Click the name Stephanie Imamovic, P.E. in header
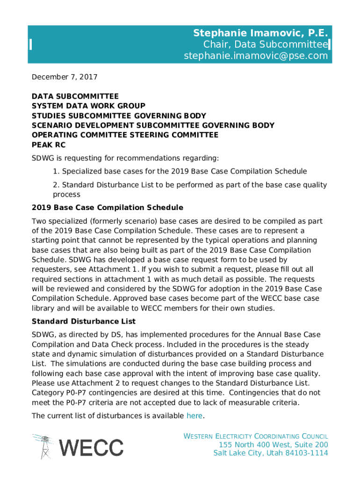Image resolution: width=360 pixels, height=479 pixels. tap(260, 33)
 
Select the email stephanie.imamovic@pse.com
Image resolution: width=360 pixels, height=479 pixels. tap(255, 56)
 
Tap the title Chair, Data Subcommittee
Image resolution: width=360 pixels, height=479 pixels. tap(265, 44)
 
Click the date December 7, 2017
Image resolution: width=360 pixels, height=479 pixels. tap(64, 77)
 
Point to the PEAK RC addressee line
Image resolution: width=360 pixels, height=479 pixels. tap(48, 145)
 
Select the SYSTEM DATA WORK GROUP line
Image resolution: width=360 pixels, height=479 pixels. tap(88, 106)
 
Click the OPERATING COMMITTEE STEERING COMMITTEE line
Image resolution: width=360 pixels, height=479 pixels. tap(125, 135)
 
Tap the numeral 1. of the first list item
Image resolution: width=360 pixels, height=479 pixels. tap(56, 171)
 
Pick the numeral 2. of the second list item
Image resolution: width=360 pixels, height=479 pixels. tap(56, 185)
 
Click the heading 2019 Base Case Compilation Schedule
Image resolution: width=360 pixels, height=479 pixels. tap(107, 207)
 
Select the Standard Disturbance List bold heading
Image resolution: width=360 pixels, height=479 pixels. tap(83, 321)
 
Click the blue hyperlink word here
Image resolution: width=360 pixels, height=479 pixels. tap(194, 415)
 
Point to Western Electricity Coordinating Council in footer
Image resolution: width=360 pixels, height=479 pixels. tap(255, 436)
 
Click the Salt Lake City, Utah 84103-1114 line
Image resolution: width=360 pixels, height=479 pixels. tap(270, 453)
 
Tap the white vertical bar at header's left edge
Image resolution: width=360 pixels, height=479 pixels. tap(30, 44)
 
